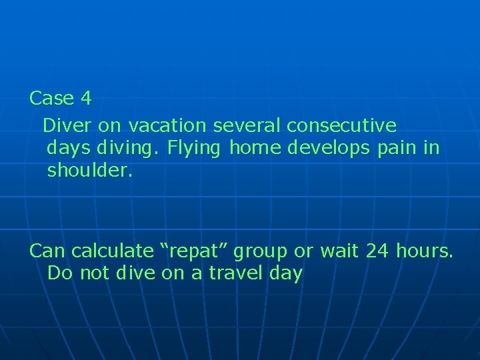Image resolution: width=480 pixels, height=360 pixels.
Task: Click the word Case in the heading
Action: pyautogui.click(x=52, y=99)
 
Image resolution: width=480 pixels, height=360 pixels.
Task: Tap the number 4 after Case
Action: pyautogui.click(x=85, y=99)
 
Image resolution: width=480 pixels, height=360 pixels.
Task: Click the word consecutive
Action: pyautogui.click(x=341, y=125)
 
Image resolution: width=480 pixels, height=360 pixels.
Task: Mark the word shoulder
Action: pyautogui.click(x=90, y=171)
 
